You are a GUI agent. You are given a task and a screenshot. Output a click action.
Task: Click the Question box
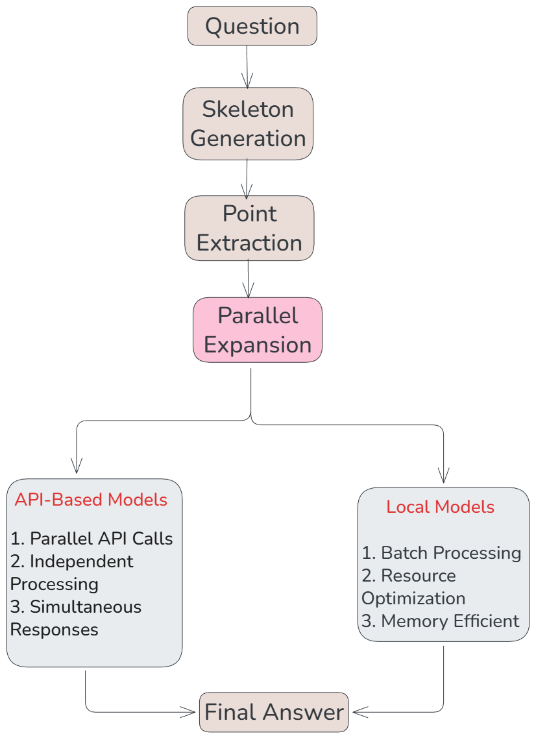click(252, 26)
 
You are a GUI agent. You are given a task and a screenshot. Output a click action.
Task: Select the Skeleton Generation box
click(248, 124)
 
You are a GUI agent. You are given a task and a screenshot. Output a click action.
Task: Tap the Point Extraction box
click(249, 228)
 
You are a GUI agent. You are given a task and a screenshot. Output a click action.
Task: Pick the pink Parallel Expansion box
click(258, 330)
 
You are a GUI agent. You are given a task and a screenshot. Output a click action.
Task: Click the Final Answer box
click(274, 712)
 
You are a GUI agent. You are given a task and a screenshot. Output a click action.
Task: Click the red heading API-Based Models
click(91, 500)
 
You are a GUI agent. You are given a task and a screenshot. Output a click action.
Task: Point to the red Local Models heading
click(440, 507)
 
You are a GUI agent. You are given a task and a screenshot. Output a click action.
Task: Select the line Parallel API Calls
click(91, 539)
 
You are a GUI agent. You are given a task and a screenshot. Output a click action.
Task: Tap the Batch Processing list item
click(441, 553)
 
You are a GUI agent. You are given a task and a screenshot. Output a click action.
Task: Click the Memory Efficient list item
click(440, 621)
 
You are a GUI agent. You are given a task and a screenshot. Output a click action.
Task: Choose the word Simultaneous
click(86, 607)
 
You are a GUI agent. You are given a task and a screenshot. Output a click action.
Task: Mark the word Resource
click(419, 576)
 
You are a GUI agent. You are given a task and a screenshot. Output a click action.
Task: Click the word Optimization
click(413, 598)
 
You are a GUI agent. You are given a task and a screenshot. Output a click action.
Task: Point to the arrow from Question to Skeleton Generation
click(247, 67)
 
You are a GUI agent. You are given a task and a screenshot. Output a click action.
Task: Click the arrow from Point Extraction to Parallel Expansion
click(248, 279)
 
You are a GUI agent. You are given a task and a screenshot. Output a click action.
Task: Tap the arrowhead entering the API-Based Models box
click(76, 465)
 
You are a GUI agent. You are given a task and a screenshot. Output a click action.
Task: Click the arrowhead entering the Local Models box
click(443, 475)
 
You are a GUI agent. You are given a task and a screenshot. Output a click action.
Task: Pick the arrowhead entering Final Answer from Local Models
click(360, 712)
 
